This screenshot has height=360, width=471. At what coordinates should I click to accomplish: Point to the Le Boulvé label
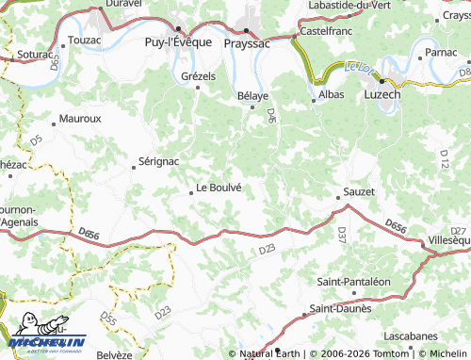pyautogui.click(x=219, y=187)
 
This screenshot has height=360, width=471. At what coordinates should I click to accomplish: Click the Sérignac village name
pyautogui.click(x=157, y=162)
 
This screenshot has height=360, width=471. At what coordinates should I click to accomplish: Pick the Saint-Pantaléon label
pyautogui.click(x=353, y=281)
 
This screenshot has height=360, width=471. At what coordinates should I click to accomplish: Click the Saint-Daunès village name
pyautogui.click(x=341, y=308)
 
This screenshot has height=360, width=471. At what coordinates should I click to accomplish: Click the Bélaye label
pyautogui.click(x=252, y=95)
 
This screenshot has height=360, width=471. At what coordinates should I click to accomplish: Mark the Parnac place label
pyautogui.click(x=441, y=52)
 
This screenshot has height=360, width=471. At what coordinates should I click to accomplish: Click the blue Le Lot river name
pyautogui.click(x=358, y=66)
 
